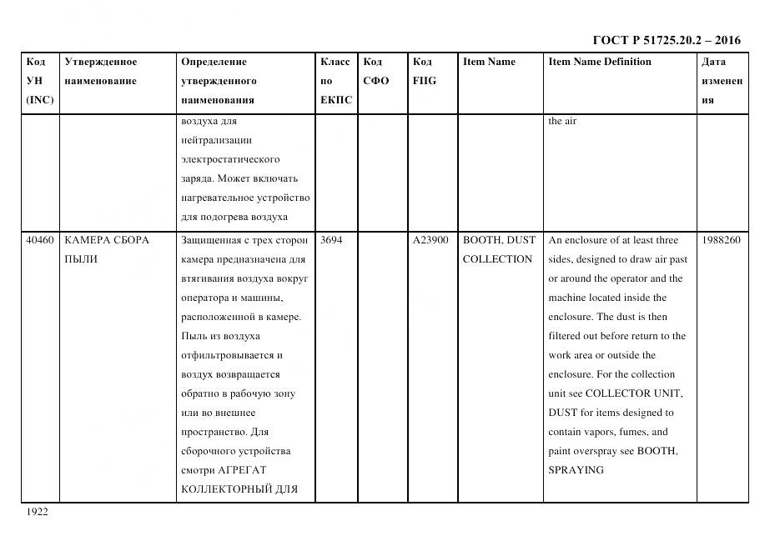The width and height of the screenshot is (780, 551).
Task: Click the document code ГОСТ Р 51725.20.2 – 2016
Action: (x=666, y=40)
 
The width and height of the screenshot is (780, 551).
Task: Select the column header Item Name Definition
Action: (x=600, y=62)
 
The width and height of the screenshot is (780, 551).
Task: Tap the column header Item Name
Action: (x=489, y=62)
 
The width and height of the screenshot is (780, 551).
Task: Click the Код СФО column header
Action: (x=376, y=71)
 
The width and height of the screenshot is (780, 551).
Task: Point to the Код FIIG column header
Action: (x=424, y=71)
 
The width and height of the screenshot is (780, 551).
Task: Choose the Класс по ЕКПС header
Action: (x=336, y=81)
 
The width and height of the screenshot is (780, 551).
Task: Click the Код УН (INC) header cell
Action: (x=39, y=81)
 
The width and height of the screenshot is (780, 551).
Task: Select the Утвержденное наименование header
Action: (x=101, y=71)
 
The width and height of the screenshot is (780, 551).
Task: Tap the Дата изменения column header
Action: (x=721, y=81)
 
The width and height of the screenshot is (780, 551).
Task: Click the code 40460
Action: (x=40, y=240)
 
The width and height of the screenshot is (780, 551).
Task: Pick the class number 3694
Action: (x=331, y=240)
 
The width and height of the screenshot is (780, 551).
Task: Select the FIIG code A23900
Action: (x=430, y=240)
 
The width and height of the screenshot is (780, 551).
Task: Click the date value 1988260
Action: (x=721, y=240)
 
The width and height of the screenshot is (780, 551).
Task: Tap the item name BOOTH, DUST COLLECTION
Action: (x=498, y=249)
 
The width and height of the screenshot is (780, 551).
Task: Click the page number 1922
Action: (x=37, y=512)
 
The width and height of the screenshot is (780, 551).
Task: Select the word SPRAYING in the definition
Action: (x=576, y=470)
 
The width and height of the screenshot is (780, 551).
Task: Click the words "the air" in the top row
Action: (x=562, y=121)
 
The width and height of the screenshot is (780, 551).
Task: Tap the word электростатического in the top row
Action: (x=230, y=159)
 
